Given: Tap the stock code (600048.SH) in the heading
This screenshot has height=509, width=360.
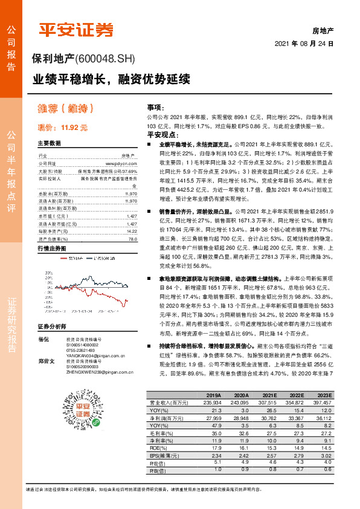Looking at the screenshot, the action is (106, 59).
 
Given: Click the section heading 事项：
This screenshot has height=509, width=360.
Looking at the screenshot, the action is (156, 106).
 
